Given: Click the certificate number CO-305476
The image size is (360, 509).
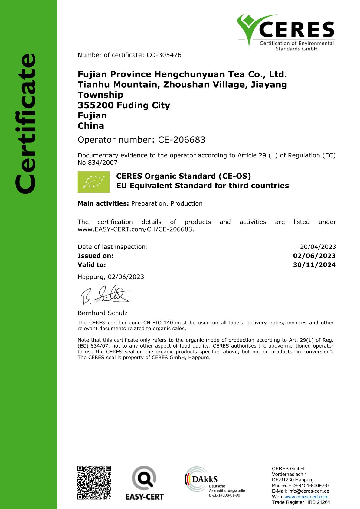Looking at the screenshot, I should coord(164,55).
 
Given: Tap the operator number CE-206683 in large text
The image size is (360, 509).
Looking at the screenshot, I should coord(182,140).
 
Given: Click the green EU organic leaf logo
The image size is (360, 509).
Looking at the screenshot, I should coord(93,182).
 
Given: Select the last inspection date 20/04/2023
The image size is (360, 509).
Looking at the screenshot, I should coord(318,247).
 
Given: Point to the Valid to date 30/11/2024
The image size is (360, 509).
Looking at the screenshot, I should coord(314,265).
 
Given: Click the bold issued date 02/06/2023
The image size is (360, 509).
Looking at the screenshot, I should coord(314,256).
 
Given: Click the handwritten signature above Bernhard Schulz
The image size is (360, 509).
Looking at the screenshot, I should coord(105,295).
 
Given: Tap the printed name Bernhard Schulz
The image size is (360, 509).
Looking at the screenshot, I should coord(103,313).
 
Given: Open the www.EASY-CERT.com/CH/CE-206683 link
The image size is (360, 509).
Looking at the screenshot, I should coord(135,229).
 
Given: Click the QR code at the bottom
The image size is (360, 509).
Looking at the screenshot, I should coord(94,482).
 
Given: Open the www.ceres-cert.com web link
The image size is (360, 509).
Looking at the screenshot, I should coord(306,497).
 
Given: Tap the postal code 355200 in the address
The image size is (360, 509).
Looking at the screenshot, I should coord(96,105).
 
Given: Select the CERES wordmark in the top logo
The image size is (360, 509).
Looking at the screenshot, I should coord(297,30).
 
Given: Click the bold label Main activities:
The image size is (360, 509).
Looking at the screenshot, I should coord(103,203).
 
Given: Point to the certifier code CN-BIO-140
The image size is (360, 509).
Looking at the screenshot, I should coord(158,323).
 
